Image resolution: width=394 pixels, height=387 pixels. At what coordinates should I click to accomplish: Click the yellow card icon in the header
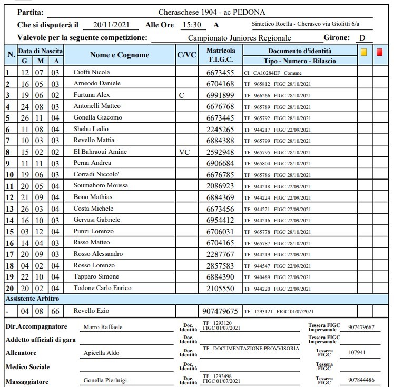pos(363,52)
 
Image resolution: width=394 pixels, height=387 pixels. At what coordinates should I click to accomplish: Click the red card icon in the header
pos(380,52)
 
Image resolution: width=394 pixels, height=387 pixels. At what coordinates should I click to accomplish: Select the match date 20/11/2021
pos(112,24)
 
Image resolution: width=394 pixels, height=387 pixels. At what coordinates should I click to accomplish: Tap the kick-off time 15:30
pos(191,24)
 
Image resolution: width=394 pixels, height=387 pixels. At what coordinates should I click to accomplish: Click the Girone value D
pos(362,38)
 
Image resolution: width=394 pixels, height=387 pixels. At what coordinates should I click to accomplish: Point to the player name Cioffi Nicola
pos(92,72)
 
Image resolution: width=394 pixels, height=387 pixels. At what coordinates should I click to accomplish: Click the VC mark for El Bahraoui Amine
pos(184,152)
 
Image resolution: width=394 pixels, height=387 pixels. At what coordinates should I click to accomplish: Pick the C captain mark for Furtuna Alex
pos(182,95)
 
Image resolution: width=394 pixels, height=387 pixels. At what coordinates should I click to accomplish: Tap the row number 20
pos(9,289)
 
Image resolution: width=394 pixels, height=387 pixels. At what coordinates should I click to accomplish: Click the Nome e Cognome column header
pos(120,55)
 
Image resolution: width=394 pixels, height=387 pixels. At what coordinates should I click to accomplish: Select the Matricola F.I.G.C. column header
pos(221,55)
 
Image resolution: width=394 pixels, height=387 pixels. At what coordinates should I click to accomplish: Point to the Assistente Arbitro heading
pos(32,299)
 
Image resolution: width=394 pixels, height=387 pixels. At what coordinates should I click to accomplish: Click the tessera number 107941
pos(357,353)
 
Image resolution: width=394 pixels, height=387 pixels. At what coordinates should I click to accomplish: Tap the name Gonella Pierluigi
pos(105,380)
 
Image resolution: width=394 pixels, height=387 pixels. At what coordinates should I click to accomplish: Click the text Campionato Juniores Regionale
pos(239,38)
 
